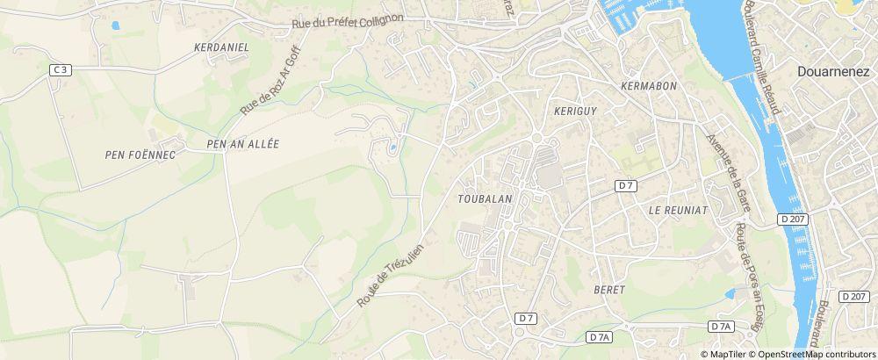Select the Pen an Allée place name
(241, 144)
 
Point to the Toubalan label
(485, 198)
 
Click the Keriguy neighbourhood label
(576, 111)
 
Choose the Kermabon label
(647, 86)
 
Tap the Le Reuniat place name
(677, 211)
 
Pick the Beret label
(608, 289)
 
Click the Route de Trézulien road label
(391, 275)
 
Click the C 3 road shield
(61, 69)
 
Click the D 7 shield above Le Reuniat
(625, 185)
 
